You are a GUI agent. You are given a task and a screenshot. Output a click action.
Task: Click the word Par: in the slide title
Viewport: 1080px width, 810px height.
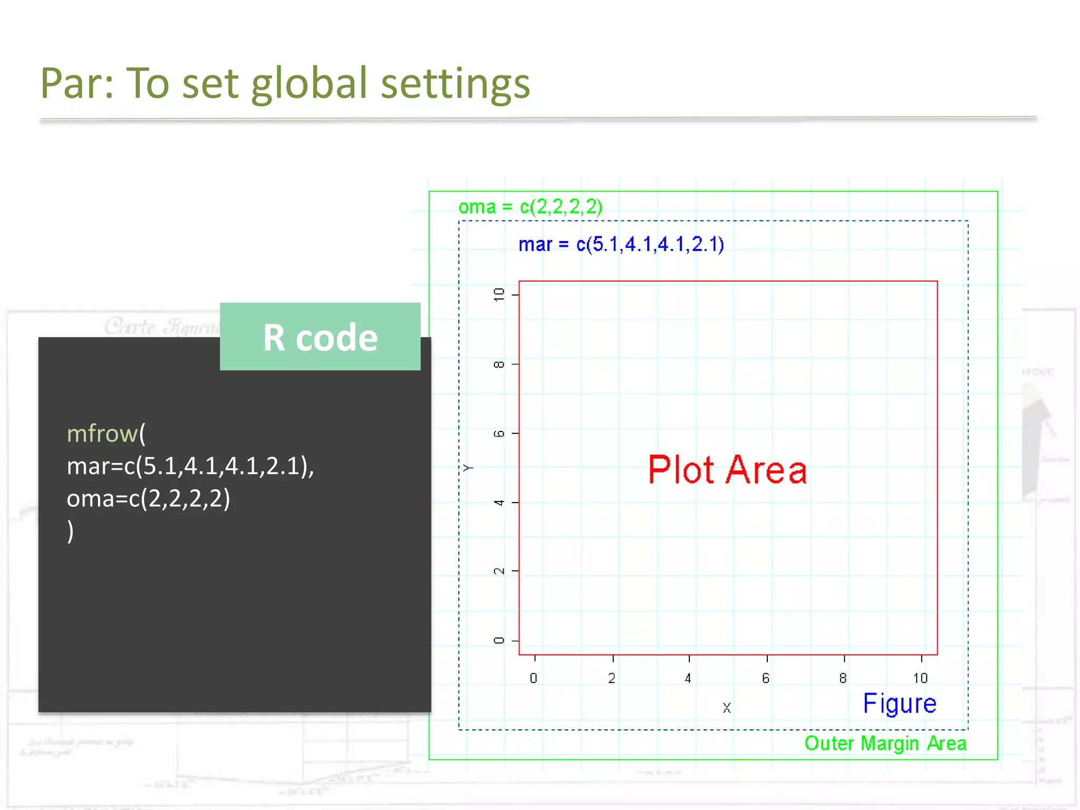pyautogui.click(x=77, y=83)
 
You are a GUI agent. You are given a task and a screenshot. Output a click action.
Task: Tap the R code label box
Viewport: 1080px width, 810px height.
pyautogui.click(x=320, y=337)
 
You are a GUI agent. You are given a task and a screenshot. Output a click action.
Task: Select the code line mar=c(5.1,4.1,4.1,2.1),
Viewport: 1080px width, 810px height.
pyautogui.click(x=190, y=466)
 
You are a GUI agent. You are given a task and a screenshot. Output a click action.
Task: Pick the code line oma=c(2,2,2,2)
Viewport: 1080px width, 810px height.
pyautogui.click(x=148, y=498)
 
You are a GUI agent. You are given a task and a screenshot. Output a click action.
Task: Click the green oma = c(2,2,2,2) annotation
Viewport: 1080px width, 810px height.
pyautogui.click(x=530, y=207)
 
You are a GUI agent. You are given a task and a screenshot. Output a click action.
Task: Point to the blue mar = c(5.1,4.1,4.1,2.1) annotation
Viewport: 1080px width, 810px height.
pyautogui.click(x=621, y=244)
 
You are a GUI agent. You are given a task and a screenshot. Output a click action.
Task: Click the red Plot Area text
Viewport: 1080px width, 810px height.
pyautogui.click(x=727, y=469)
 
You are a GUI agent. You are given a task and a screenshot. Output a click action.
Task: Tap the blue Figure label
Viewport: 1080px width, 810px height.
pyautogui.click(x=899, y=703)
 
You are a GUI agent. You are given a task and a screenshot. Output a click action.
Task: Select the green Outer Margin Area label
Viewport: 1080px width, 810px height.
pyautogui.click(x=885, y=744)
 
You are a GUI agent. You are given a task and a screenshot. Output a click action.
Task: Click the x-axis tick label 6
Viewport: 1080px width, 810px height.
pyautogui.click(x=766, y=678)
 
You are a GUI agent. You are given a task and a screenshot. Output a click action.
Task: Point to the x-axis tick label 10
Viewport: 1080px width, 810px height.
pyautogui.click(x=920, y=678)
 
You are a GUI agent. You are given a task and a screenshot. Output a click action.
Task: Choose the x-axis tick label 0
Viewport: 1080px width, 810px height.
pyautogui.click(x=534, y=678)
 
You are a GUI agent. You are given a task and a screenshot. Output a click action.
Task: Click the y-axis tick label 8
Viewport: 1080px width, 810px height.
pyautogui.click(x=498, y=364)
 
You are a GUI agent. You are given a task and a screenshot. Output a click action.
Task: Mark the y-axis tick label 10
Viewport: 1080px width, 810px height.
pyautogui.click(x=498, y=294)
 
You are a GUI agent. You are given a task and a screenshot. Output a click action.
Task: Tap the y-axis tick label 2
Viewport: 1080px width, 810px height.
pyautogui.click(x=498, y=571)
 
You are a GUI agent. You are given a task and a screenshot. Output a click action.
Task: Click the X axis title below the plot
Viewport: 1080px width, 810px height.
pyautogui.click(x=727, y=708)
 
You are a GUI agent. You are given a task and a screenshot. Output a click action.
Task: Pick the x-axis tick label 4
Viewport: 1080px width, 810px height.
pyautogui.click(x=688, y=678)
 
